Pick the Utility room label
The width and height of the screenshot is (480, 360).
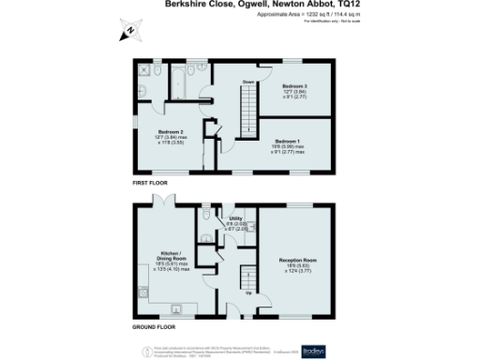(x=235, y=218)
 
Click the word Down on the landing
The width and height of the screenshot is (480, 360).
(x=249, y=82)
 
